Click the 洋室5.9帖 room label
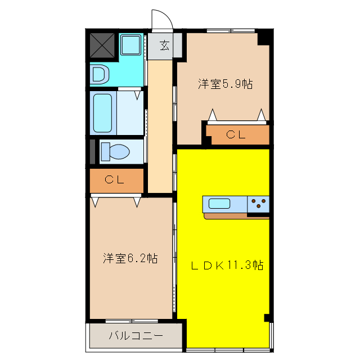tap(224, 84)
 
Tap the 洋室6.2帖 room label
tap(130, 259)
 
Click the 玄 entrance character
tap(164, 46)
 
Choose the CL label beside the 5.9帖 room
tap(236, 134)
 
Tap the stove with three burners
tap(259, 204)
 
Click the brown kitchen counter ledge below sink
tap(225, 216)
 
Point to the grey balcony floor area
tap(135, 344)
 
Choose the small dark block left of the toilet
tap(93, 151)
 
